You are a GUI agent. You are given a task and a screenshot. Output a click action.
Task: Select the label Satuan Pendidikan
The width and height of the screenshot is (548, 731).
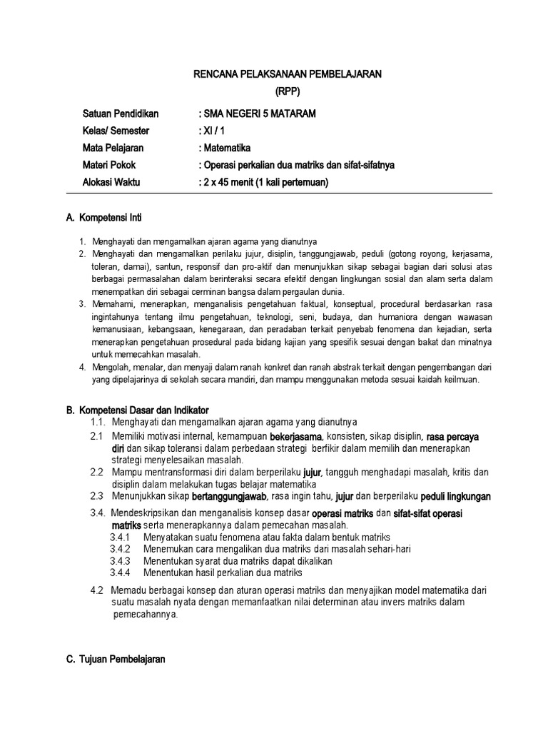click(121, 114)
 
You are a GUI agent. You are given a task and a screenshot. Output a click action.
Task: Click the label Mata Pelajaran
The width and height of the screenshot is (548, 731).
click(113, 148)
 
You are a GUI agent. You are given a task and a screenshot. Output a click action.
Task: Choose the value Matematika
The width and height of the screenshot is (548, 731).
click(224, 148)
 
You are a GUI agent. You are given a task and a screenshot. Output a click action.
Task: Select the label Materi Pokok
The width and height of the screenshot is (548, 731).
click(109, 166)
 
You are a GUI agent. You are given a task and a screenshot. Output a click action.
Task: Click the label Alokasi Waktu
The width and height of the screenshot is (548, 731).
click(112, 183)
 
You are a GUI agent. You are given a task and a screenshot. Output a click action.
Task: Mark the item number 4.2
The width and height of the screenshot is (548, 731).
click(98, 590)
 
